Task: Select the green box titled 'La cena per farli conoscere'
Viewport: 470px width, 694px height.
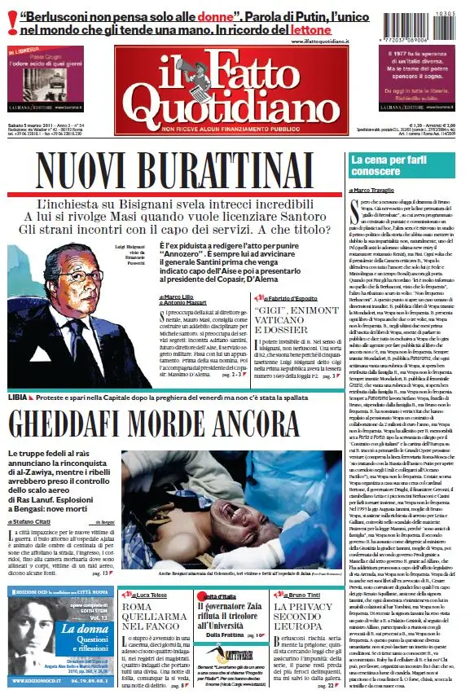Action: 405,166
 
